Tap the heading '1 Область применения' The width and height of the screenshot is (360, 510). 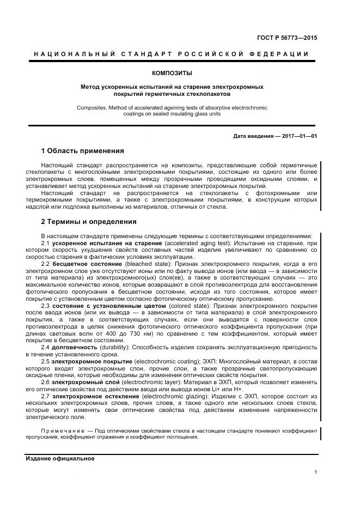[x=82, y=151]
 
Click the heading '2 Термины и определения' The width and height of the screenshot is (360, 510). [x=89, y=222]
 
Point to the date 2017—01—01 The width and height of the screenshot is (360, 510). [x=299, y=136]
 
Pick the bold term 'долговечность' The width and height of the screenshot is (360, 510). [x=75, y=347]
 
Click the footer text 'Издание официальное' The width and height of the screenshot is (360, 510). [x=60, y=458]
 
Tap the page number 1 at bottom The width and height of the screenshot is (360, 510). [x=315, y=472]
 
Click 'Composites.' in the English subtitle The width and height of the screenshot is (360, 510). [x=91, y=108]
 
